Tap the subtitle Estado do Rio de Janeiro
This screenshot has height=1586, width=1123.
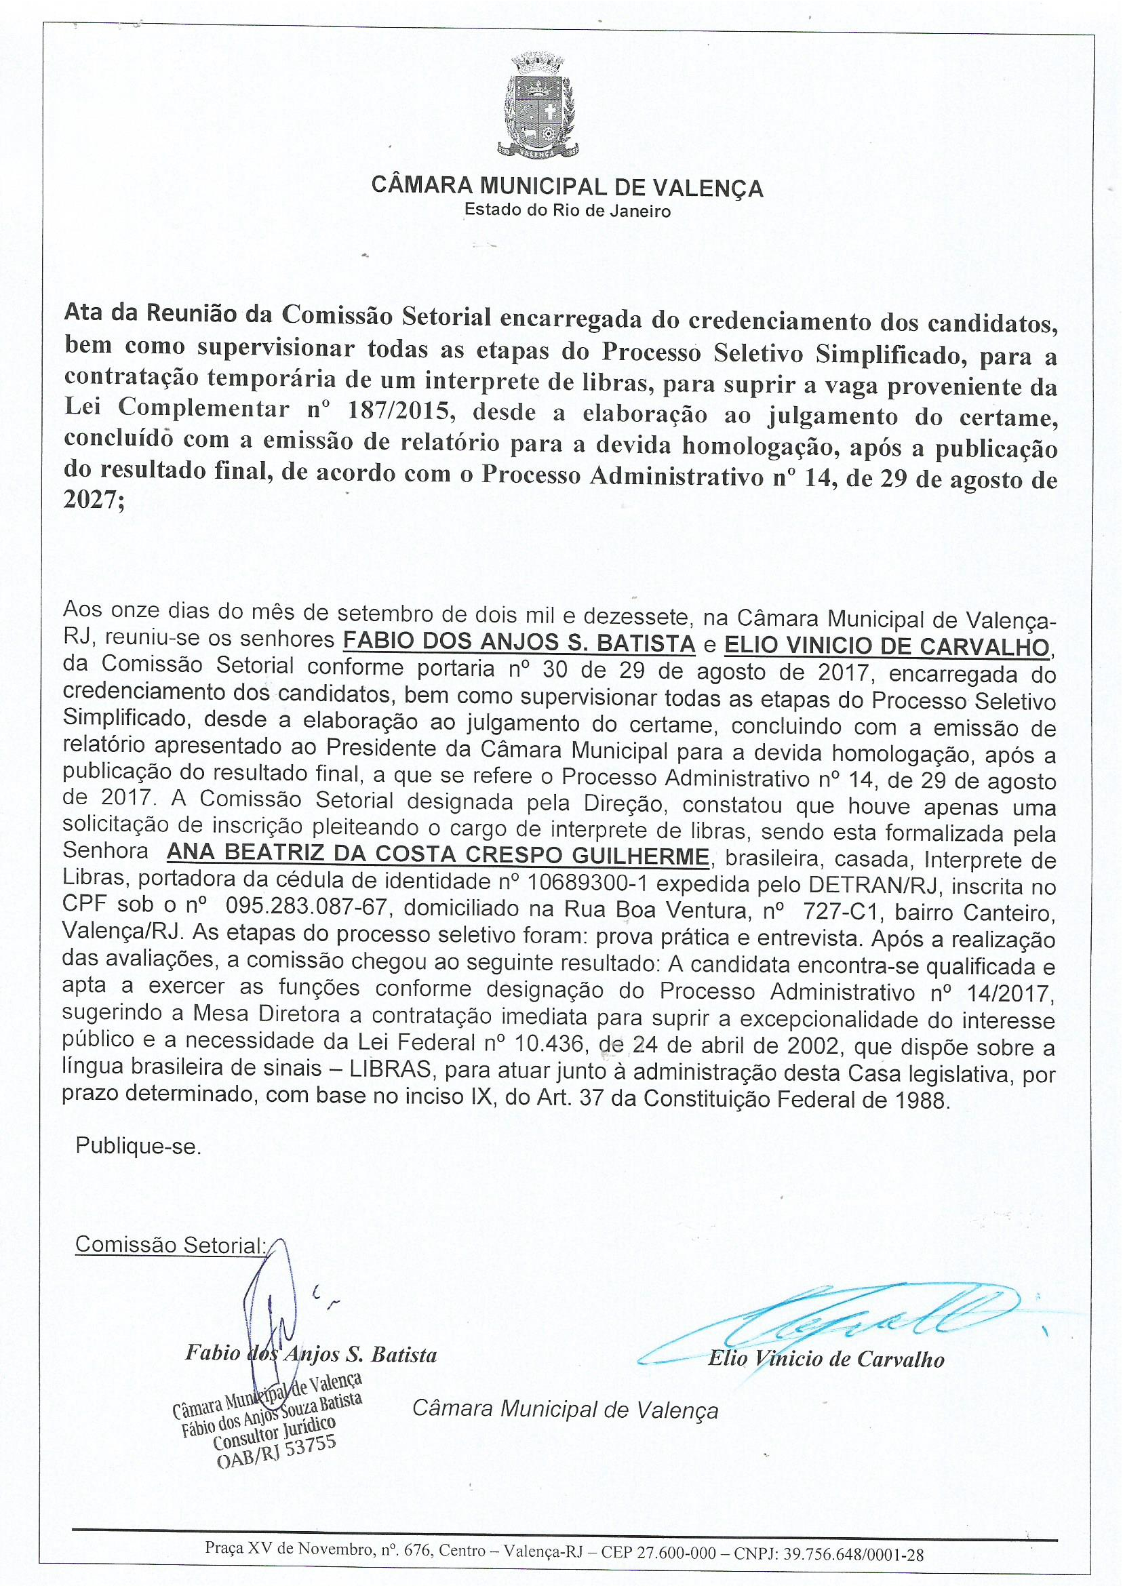(x=567, y=210)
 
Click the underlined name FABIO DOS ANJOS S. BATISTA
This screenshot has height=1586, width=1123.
(x=519, y=642)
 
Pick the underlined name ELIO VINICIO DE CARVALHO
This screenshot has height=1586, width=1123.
(x=886, y=646)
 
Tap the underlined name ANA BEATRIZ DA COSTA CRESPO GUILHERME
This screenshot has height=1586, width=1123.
(x=437, y=855)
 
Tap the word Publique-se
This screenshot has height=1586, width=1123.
(x=138, y=1147)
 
